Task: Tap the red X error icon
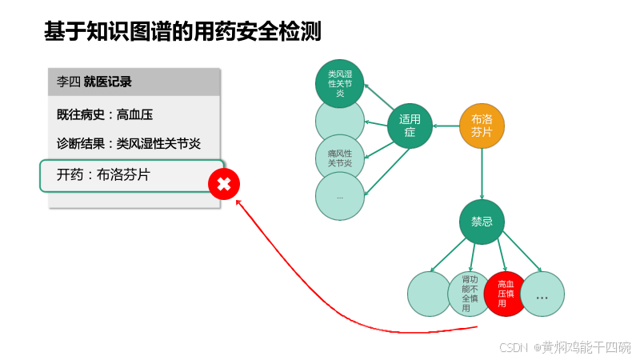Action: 224,185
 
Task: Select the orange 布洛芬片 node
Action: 482,126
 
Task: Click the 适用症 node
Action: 410,126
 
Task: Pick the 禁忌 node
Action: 482,222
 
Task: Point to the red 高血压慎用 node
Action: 506,294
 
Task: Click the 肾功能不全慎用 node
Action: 470,294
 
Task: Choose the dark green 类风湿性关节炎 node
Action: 340,82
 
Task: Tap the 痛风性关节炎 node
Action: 340,158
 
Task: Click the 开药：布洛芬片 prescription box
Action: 131,175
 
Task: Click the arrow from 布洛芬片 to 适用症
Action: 446,126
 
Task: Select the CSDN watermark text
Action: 565,347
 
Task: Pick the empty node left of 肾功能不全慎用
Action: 430,294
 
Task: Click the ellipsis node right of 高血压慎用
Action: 542,294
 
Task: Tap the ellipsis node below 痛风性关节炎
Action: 340,196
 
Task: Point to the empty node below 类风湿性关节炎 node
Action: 340,122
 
